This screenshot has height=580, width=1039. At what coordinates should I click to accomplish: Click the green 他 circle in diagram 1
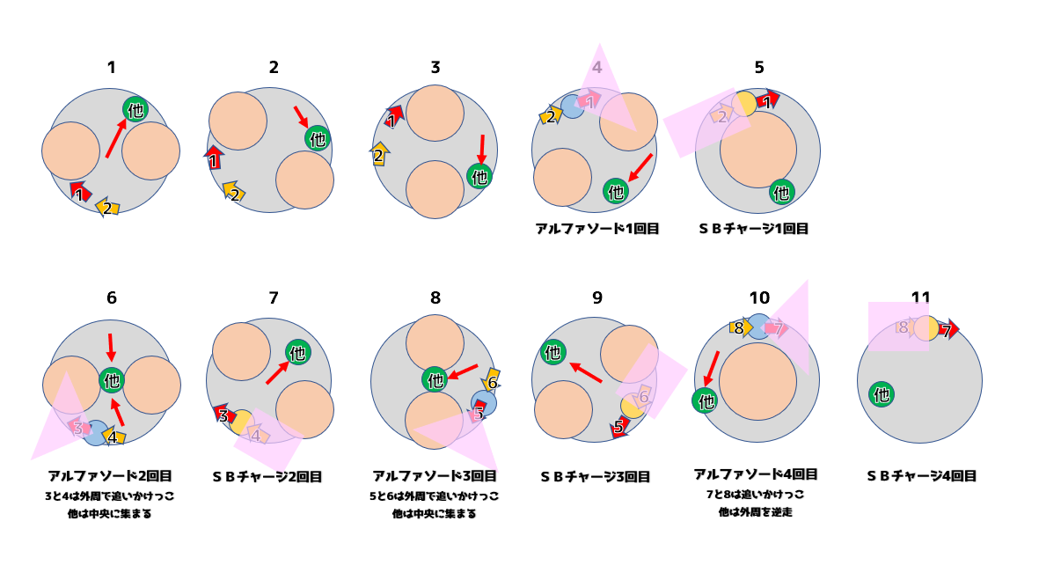(x=135, y=110)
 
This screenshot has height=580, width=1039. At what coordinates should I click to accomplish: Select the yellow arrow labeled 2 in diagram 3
(x=379, y=154)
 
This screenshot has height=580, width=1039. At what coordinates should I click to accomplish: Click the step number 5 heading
(x=758, y=68)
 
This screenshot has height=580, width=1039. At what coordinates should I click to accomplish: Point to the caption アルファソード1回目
(x=597, y=229)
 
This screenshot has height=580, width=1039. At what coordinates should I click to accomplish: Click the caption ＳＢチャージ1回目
(x=753, y=229)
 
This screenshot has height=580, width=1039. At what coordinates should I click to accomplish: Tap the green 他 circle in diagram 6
(x=112, y=381)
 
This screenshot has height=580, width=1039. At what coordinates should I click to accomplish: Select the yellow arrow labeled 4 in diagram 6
(x=113, y=435)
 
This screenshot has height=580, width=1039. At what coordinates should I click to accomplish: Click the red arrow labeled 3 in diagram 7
(x=223, y=415)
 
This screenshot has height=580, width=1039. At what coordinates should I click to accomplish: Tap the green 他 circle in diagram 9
(x=552, y=352)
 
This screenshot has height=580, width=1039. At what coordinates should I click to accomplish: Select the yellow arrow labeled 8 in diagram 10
(x=739, y=328)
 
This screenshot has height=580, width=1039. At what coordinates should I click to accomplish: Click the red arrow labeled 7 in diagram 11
(x=947, y=330)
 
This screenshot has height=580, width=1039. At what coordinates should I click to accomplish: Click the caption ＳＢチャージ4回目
(x=921, y=476)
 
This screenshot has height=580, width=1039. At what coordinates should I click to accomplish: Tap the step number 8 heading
(x=435, y=297)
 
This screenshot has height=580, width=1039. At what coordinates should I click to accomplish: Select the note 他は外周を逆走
(x=756, y=511)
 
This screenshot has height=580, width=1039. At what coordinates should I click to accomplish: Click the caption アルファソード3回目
(x=435, y=476)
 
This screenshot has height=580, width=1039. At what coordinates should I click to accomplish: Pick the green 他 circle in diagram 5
(x=780, y=192)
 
